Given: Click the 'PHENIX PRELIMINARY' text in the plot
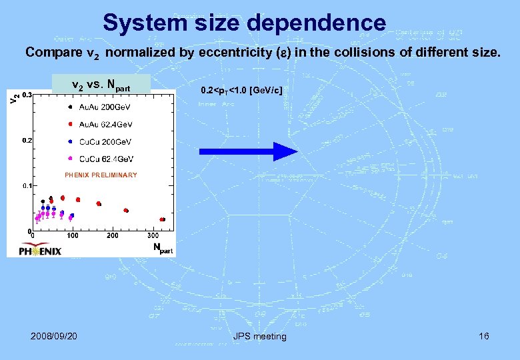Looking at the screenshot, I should click(101, 175).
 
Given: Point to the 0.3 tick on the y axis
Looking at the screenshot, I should click(27, 95).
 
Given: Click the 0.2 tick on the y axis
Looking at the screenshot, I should click(27, 141).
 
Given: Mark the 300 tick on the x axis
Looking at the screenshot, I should click(153, 235).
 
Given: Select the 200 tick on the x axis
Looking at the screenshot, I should click(113, 235).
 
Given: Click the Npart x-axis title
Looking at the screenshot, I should click(162, 248).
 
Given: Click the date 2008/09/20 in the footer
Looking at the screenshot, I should click(54, 336).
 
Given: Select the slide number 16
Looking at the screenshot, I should click(483, 336).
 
